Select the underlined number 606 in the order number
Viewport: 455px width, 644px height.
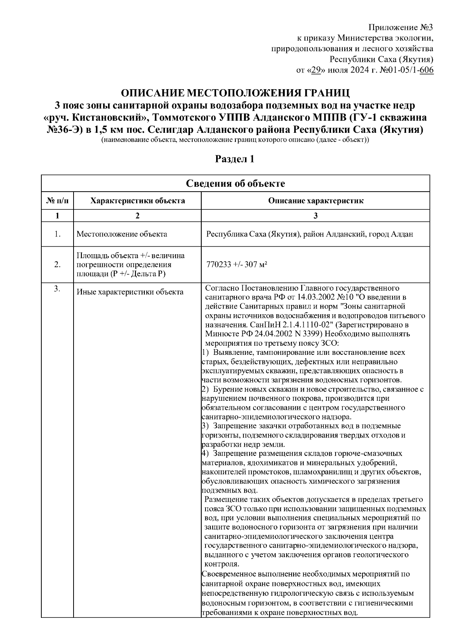point(427,70)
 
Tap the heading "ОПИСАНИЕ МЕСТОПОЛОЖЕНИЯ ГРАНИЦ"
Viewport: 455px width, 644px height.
point(234,93)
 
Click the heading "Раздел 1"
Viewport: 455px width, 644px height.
point(235,159)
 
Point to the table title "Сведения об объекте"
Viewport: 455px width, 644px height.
point(235,184)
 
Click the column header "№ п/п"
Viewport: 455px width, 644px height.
point(57,200)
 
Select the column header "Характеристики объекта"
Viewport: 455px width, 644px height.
point(137,200)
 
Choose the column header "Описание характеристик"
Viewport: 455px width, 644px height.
point(315,200)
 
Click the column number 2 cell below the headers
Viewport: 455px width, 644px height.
point(137,216)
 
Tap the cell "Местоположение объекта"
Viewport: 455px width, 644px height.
point(122,234)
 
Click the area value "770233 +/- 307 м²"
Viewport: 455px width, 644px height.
point(235,265)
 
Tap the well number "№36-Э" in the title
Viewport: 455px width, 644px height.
point(64,130)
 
